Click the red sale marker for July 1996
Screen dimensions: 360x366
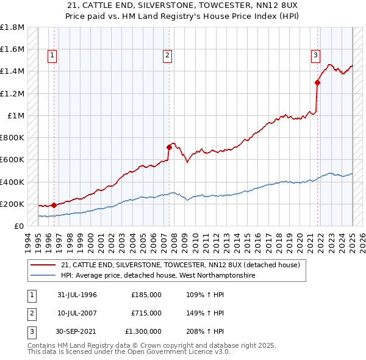pyautogui.click(x=54, y=206)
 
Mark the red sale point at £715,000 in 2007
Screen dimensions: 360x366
pyautogui.click(x=169, y=147)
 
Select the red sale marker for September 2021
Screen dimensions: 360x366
pyautogui.click(x=318, y=82)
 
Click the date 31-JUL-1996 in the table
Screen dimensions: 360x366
pyautogui.click(x=77, y=295)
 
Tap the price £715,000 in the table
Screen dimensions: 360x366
pyautogui.click(x=146, y=313)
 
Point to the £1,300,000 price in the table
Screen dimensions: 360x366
pyautogui.click(x=143, y=331)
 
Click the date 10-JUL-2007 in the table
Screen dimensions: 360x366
pyautogui.click(x=77, y=313)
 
